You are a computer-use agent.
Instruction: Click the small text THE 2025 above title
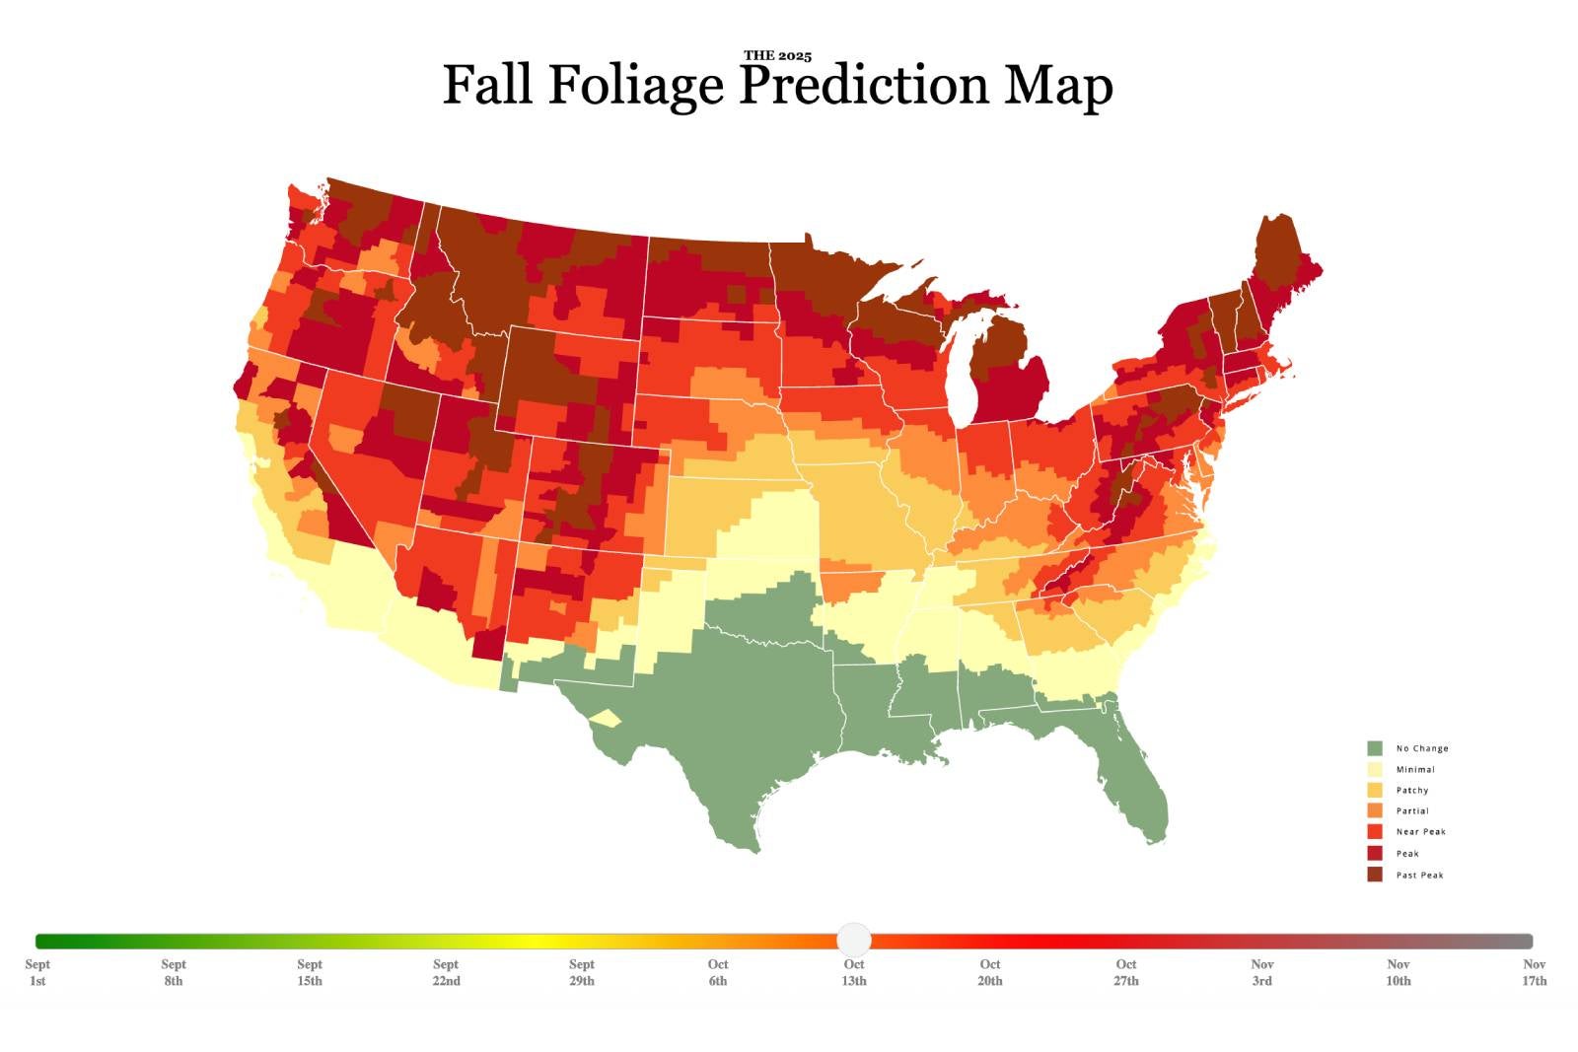[x=777, y=56]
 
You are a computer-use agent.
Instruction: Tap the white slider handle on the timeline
[x=854, y=940]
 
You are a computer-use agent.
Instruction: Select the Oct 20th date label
[x=990, y=972]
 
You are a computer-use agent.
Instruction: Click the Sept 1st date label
[x=37, y=972]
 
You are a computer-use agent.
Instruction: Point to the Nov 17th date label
[x=1534, y=972]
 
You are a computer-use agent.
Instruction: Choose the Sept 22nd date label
[x=446, y=972]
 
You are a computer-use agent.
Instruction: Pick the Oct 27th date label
[x=1126, y=972]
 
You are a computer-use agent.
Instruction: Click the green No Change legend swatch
[x=1375, y=748]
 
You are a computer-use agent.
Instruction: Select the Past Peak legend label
[x=1419, y=876]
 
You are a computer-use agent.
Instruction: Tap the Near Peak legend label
[x=1420, y=832]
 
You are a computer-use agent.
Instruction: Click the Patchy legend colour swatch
[x=1375, y=790]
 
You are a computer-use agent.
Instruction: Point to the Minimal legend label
[x=1415, y=769]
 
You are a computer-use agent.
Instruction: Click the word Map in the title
[x=1058, y=85]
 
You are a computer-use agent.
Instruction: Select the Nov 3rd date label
[x=1262, y=972]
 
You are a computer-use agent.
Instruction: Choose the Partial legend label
[x=1412, y=810]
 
